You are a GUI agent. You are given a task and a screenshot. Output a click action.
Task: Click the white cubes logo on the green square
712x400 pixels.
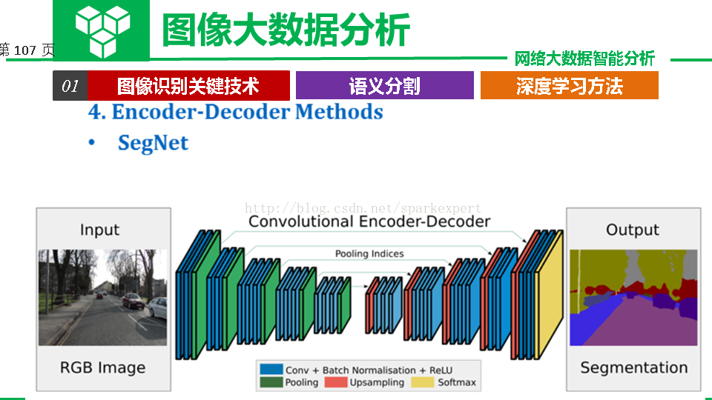point(102,31)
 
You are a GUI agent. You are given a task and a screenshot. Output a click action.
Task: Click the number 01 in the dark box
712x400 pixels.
point(70,86)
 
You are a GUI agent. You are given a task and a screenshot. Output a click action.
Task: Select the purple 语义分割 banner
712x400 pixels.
point(385,85)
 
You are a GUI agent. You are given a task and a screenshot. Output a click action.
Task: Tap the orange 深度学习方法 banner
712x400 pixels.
point(570,85)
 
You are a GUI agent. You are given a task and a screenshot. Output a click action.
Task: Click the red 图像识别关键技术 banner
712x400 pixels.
point(188,85)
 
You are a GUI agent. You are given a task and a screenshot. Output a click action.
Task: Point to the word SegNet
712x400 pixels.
point(153,143)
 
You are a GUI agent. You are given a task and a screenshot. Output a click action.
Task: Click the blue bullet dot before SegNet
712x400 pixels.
point(92,143)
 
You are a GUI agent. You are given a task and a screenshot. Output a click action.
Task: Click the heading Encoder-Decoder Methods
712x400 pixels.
point(248,112)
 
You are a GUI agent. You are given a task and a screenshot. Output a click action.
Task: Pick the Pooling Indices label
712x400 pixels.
point(369,253)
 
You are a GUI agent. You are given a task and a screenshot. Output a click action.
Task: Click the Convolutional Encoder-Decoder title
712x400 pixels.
point(369,221)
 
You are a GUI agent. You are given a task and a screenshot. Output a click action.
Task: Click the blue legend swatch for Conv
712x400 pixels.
point(271,369)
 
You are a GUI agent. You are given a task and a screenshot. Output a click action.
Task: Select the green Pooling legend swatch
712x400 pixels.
point(271,382)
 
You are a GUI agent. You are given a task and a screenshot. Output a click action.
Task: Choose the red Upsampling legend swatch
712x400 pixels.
point(336,382)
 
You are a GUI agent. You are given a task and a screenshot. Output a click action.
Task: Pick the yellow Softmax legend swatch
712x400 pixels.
point(423,382)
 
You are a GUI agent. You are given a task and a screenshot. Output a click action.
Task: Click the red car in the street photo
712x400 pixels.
point(133,300)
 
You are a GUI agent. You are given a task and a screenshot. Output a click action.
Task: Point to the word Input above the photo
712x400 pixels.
point(99,230)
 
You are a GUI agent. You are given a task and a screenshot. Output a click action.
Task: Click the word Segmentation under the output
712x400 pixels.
point(634,367)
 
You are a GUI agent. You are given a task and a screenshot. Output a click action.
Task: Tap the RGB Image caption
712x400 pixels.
point(102,367)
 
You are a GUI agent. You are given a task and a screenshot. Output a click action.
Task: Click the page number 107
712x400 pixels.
point(25,50)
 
